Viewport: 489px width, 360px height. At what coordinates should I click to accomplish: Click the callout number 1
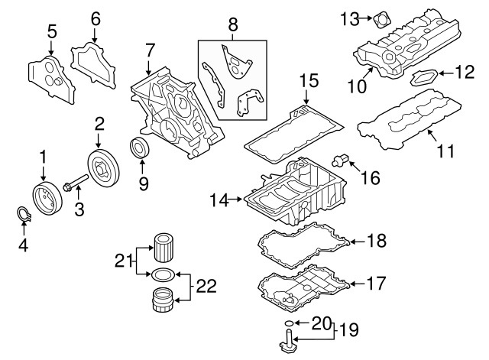pos(44,157)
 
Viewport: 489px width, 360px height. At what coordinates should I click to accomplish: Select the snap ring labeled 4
pos(24,217)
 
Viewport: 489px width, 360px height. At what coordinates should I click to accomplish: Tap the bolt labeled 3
pos(73,184)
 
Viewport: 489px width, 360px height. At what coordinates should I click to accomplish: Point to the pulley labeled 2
pos(100,167)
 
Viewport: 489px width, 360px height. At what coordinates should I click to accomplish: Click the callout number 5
pos(51,32)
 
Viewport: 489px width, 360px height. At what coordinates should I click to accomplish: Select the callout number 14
pos(219,201)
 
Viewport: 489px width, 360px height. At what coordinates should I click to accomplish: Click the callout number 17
pos(377,284)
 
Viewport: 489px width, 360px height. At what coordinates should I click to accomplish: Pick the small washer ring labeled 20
pos(287,325)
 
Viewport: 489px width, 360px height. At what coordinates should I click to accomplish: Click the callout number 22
pos(206,287)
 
